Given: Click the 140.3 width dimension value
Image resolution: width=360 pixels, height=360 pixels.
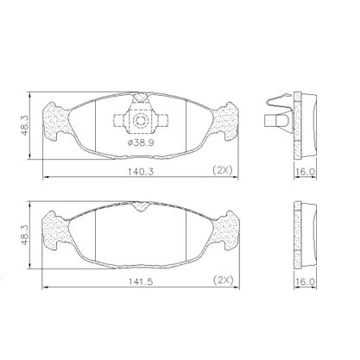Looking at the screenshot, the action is (141, 172).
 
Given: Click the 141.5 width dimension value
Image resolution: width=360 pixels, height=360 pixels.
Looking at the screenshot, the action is (141, 281).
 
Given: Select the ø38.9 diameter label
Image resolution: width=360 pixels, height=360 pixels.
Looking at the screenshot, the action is (141, 142).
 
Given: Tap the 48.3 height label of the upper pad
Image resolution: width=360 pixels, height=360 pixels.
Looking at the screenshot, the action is (25, 126).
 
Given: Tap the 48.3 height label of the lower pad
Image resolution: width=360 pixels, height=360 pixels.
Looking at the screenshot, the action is (25, 235).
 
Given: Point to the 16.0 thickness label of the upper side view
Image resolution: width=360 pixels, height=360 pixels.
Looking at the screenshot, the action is (306, 172).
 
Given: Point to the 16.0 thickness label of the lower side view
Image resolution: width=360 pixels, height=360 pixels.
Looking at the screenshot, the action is (306, 281).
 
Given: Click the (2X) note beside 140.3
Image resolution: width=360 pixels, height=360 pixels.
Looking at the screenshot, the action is (222, 170).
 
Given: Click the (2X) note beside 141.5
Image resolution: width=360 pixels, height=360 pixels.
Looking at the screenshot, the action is (224, 280).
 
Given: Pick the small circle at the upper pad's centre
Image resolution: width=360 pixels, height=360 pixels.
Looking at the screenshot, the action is (141, 121).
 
